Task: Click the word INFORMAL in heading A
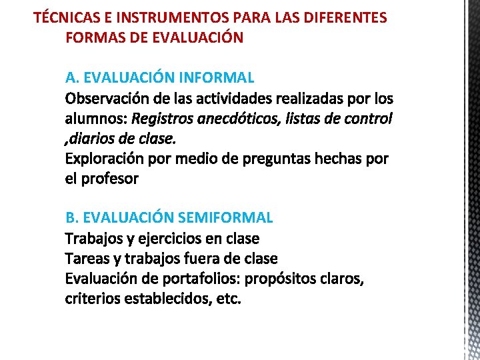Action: click(x=216, y=78)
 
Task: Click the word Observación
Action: click(x=107, y=99)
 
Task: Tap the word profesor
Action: click(x=110, y=179)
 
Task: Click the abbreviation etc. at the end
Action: click(x=229, y=298)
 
